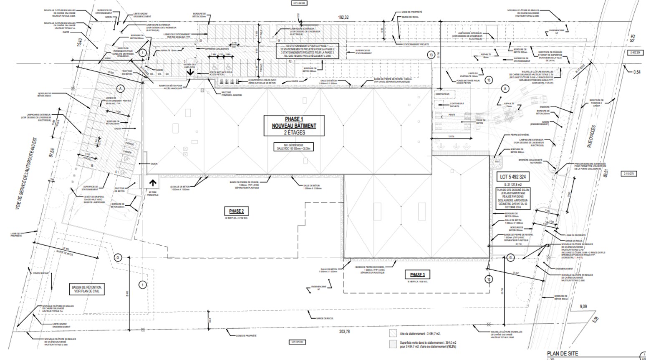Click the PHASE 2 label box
pyautogui.click(x=236, y=211)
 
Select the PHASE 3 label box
pyautogui.click(x=417, y=274)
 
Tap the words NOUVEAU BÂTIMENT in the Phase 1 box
pyautogui.click(x=294, y=126)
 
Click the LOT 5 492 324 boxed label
pyautogui.click(x=513, y=177)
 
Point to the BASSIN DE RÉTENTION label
pyautogui.click(x=86, y=289)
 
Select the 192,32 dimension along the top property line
pyautogui.click(x=343, y=17)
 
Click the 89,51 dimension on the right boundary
pyautogui.click(x=605, y=173)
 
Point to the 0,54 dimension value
pyautogui.click(x=637, y=72)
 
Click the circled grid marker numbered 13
pyautogui.click(x=431, y=55)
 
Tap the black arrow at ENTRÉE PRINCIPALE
pyautogui.click(x=153, y=182)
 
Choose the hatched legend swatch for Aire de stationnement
pyautogui.click(x=392, y=333)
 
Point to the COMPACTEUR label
pyautogui.click(x=442, y=94)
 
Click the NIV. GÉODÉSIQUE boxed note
pyautogui.click(x=294, y=146)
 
